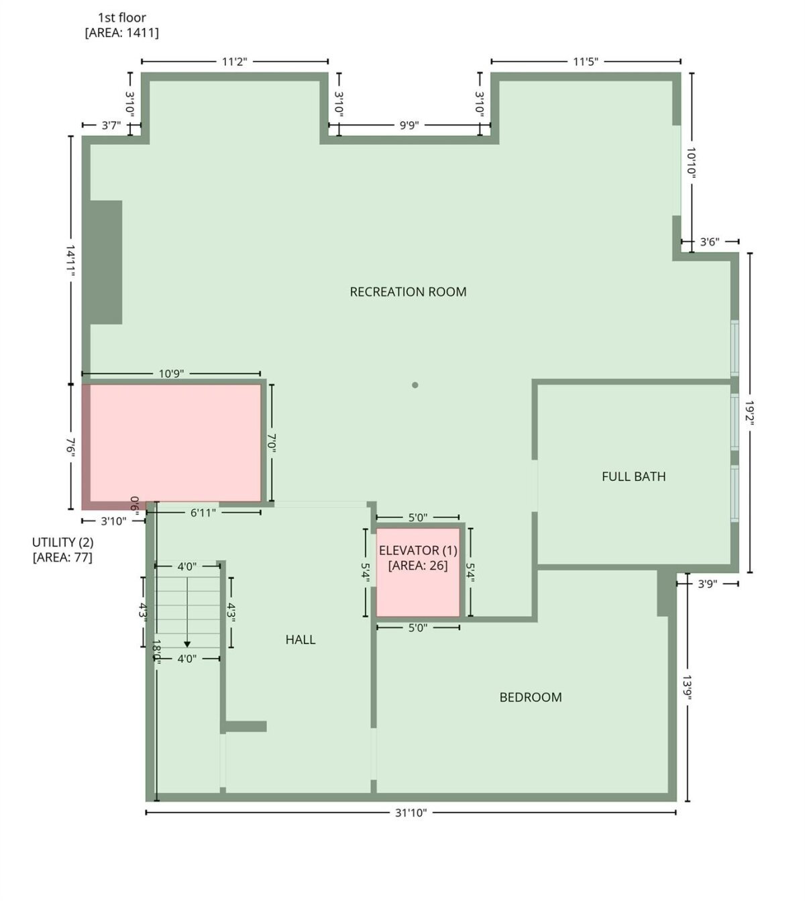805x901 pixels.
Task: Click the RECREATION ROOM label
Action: (x=408, y=292)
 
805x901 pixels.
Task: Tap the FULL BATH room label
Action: (x=633, y=476)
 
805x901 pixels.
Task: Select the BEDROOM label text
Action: (x=530, y=697)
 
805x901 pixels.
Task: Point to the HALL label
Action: (x=301, y=639)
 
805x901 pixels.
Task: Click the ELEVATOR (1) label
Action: (x=418, y=550)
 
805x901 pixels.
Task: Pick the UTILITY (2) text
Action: (x=62, y=542)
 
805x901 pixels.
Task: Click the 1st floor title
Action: (x=122, y=18)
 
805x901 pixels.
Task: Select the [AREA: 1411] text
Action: (x=122, y=33)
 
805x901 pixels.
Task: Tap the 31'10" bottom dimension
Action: (x=411, y=813)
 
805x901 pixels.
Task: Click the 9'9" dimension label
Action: (x=409, y=125)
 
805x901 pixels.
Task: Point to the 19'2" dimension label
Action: (x=749, y=413)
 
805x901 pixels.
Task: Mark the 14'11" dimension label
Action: (x=70, y=260)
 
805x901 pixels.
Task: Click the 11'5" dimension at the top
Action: (x=585, y=61)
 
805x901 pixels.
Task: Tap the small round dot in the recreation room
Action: (x=415, y=385)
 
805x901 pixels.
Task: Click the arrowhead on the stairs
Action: (x=187, y=645)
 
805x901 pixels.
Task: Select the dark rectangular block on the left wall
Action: (x=106, y=262)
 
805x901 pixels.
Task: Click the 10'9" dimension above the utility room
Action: (x=171, y=374)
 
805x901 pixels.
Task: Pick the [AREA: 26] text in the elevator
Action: (x=418, y=566)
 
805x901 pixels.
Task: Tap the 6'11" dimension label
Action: (x=203, y=513)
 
